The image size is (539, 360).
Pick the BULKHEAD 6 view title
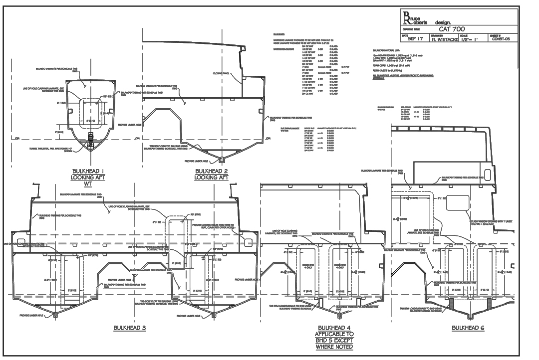[x=468, y=328]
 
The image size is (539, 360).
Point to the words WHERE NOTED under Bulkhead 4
[x=334, y=347]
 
